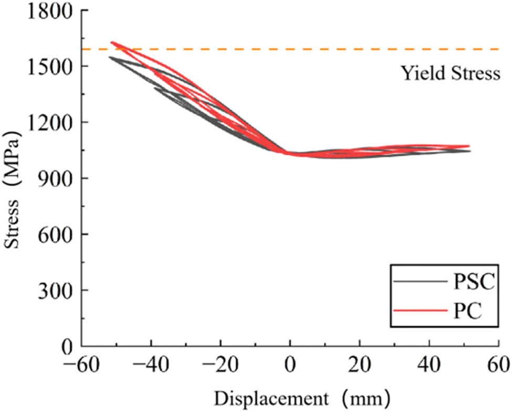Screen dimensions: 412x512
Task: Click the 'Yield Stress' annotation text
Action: point(451,74)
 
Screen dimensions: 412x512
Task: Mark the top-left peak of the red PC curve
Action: point(112,43)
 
